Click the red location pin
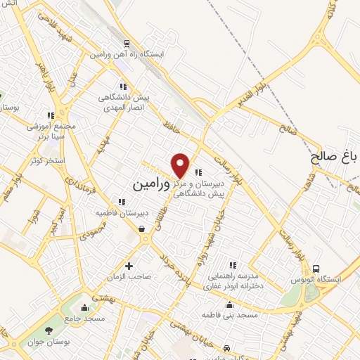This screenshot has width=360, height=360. pos(181,165)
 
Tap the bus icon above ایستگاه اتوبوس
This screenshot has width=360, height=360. pos(316,268)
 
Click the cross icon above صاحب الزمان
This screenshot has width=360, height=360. pos(129,266)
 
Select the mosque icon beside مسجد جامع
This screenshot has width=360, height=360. pos(85,307)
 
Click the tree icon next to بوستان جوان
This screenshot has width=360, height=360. pos(49,330)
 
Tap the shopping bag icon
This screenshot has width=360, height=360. pos(141,229)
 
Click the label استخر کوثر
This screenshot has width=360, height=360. pos(46,161)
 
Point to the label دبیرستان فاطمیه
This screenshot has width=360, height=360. pos(122,212)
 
